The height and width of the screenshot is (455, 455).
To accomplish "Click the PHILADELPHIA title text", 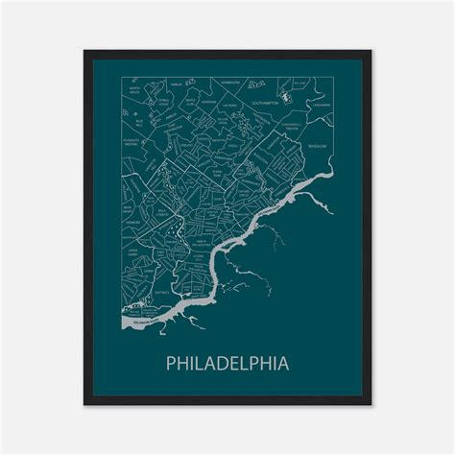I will (227, 364).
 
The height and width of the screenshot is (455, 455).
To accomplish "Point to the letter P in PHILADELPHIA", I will (170, 364).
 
